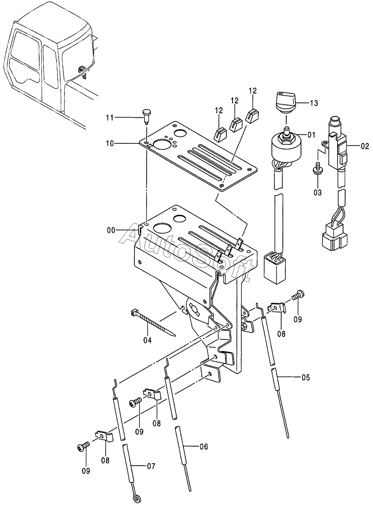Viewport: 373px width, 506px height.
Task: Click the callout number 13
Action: [314, 103]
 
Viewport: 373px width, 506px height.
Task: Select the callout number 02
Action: [365, 146]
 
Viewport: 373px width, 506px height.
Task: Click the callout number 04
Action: [147, 346]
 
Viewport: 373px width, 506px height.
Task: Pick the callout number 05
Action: [306, 377]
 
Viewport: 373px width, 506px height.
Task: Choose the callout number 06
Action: [204, 447]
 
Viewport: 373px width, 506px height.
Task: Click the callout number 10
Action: [110, 143]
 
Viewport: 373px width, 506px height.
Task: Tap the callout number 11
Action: [110, 118]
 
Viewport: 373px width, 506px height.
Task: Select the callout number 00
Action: [111, 231]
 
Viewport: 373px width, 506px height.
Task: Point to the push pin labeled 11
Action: [147, 116]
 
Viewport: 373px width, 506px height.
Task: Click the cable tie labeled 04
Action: [153, 322]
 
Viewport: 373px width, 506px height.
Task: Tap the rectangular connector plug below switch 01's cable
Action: [275, 267]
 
